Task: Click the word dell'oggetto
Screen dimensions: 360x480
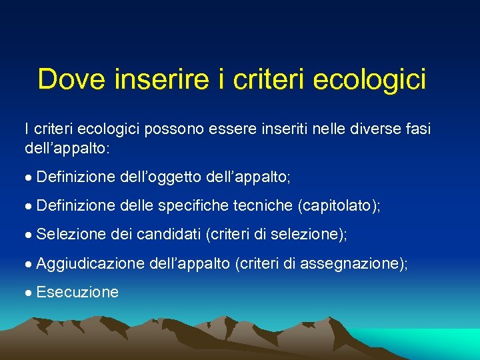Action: coord(161,177)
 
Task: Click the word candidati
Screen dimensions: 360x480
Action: coord(171,235)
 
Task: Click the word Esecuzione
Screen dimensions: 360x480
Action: coord(78,292)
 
